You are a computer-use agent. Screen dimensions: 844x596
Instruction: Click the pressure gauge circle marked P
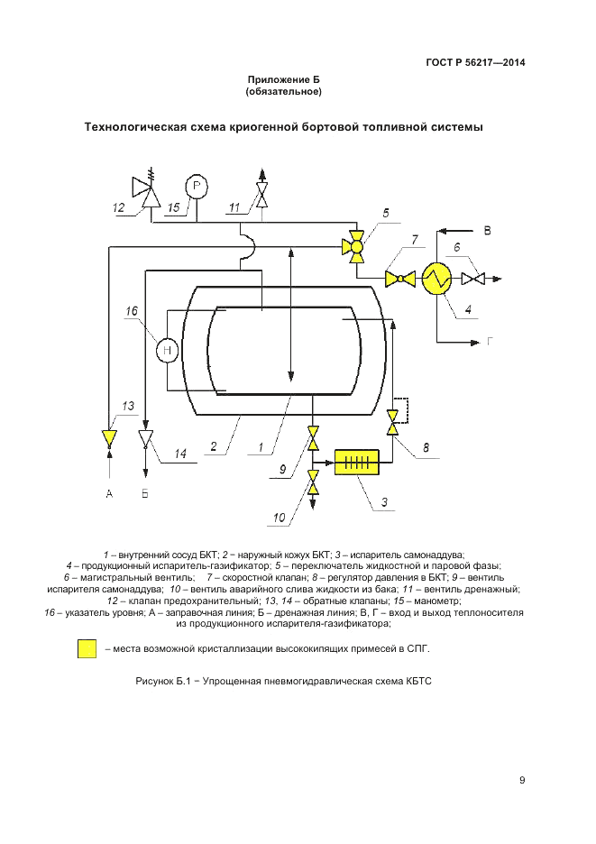pyautogui.click(x=197, y=186)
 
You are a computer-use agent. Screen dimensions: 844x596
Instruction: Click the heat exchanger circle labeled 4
pyautogui.click(x=435, y=280)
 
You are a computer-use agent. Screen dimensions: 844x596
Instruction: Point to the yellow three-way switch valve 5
pyautogui.click(x=356, y=245)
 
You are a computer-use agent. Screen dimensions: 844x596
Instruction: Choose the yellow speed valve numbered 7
pyautogui.click(x=395, y=280)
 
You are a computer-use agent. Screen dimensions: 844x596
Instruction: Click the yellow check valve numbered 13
pyautogui.click(x=109, y=438)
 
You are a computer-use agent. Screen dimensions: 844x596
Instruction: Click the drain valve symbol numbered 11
pyautogui.click(x=261, y=195)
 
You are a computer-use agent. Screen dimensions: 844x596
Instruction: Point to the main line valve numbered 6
pyautogui.click(x=471, y=280)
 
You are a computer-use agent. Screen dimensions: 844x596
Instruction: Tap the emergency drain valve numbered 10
pyautogui.click(x=313, y=488)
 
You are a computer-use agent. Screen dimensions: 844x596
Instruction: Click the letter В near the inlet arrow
pyautogui.click(x=488, y=231)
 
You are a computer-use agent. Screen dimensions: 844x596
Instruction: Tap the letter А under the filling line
pyautogui.click(x=109, y=494)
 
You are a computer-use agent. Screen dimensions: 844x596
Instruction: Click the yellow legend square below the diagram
pyautogui.click(x=87, y=648)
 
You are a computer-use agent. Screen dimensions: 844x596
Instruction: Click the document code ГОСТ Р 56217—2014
pyautogui.click(x=475, y=62)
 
